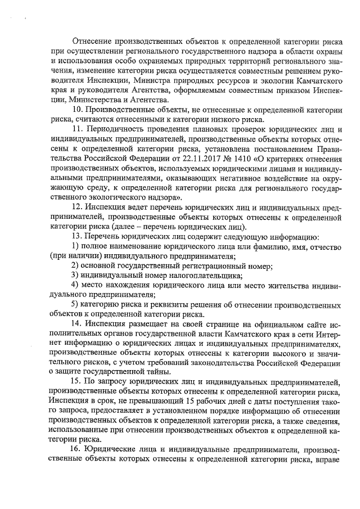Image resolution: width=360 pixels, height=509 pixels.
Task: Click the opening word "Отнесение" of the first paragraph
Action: pyautogui.click(x=92, y=41)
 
